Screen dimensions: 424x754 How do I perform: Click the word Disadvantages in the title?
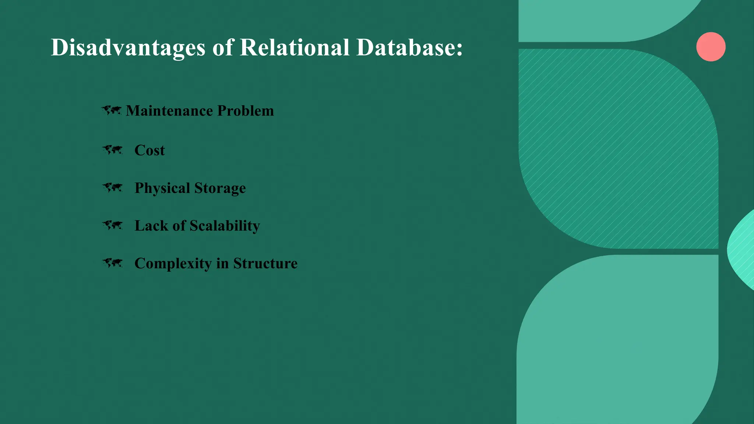pyautogui.click(x=128, y=47)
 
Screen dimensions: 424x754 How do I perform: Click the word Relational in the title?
pyautogui.click(x=294, y=47)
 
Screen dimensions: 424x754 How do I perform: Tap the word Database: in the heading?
pyautogui.click(x=409, y=47)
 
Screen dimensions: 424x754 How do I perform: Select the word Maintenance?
pyautogui.click(x=169, y=111)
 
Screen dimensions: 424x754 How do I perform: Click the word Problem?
pyautogui.click(x=246, y=111)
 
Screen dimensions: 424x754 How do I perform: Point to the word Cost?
pyautogui.click(x=149, y=150)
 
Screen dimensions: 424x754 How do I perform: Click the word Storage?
pyautogui.click(x=220, y=188)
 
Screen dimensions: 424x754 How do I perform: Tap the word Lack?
pyautogui.click(x=151, y=226)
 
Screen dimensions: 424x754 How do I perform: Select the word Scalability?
pyautogui.click(x=225, y=226)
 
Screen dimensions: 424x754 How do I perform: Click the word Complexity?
pyautogui.click(x=173, y=264)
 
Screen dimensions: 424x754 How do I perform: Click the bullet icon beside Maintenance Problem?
pyautogui.click(x=112, y=110)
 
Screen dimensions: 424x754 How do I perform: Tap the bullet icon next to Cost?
pyautogui.click(x=112, y=150)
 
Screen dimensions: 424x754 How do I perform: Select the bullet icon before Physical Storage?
pyautogui.click(x=112, y=188)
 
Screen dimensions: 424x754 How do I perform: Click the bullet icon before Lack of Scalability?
pyautogui.click(x=112, y=225)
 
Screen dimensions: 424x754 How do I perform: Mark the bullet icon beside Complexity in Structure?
pyautogui.click(x=112, y=263)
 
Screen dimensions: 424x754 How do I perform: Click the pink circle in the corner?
pyautogui.click(x=711, y=47)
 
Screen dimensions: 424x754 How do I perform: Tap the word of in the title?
pyautogui.click(x=223, y=47)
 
